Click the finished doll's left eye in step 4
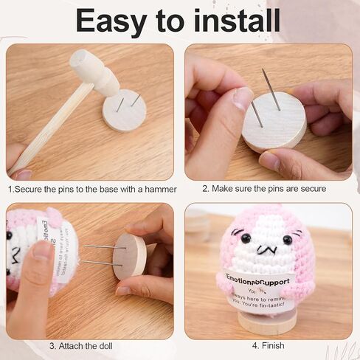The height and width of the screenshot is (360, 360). pyautogui.click(x=246, y=238)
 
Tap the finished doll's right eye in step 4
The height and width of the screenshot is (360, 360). pyautogui.click(x=287, y=239)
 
